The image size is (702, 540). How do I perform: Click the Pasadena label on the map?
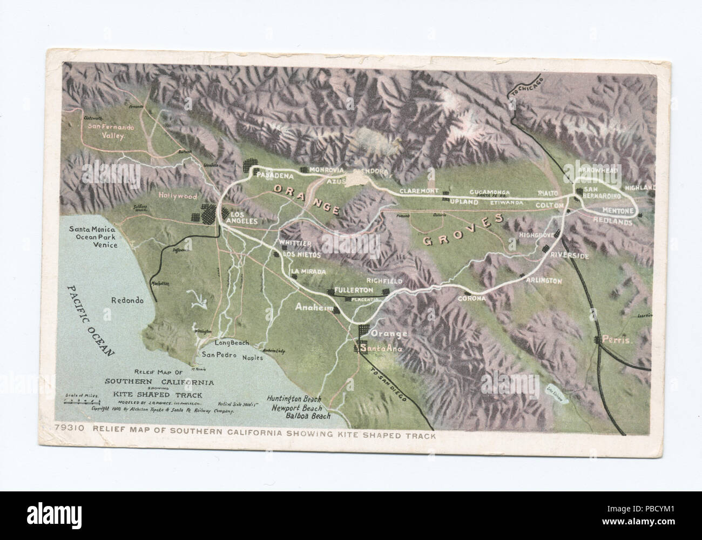point(275,176)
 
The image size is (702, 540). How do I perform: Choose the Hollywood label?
point(178,197)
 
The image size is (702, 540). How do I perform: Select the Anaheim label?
point(312,307)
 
